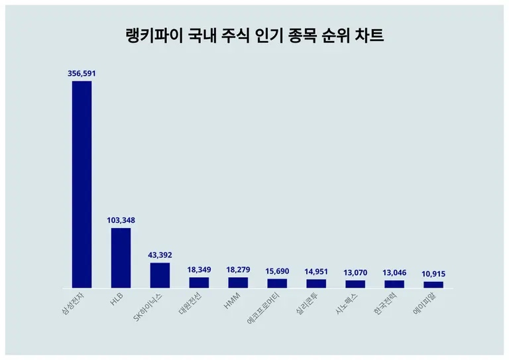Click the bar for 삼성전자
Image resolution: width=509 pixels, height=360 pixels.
pos(82,184)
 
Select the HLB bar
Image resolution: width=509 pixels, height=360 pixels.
pos(121,258)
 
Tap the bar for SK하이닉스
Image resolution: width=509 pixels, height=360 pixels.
pos(160,275)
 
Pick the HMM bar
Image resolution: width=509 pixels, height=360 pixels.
pos(238,282)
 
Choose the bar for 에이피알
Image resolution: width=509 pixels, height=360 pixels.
pos(433,284)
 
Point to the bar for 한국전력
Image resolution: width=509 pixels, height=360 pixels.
pos(394,284)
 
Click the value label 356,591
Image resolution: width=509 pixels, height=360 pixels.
pos(82,74)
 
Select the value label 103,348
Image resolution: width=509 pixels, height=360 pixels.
pos(121,220)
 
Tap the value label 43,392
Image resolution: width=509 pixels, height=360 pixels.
pos(160,255)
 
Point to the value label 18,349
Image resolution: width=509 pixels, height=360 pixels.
pos(199,270)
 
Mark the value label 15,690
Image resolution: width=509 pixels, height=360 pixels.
pos(277,271)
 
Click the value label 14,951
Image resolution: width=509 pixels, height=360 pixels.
pos(316,271)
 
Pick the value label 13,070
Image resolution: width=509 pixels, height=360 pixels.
pos(355,272)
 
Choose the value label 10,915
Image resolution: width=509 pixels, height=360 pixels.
pos(433,274)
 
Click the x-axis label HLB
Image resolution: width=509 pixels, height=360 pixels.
pos(117,300)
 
